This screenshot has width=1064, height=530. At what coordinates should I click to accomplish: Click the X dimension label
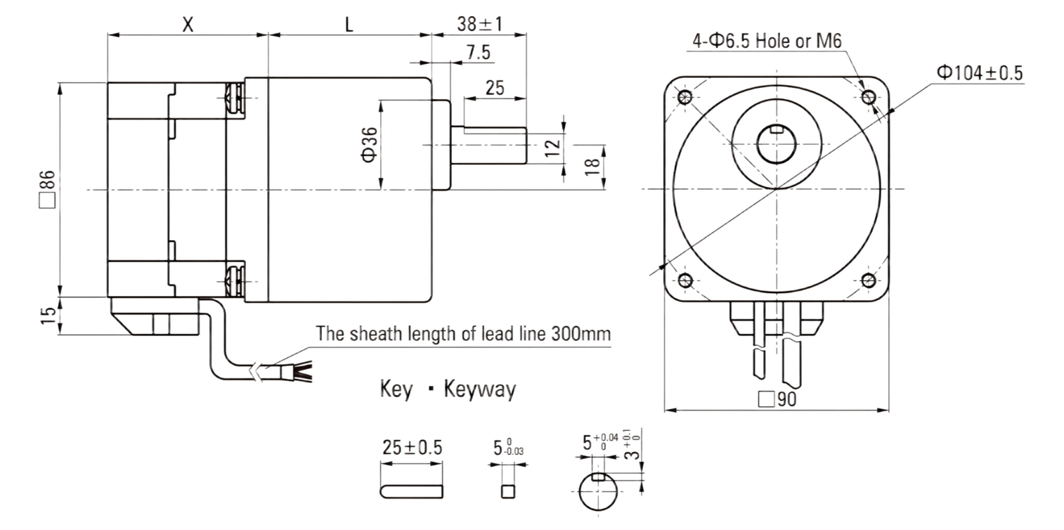[188, 24]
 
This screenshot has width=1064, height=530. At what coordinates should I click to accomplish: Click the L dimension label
[349, 24]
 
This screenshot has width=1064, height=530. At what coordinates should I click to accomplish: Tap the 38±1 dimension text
[479, 24]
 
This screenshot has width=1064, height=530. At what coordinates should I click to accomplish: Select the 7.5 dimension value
[478, 52]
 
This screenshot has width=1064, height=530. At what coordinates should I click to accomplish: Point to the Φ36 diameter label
[370, 145]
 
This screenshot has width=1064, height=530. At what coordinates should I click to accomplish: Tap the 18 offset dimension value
[593, 167]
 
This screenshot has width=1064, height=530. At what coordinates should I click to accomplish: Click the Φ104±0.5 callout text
[980, 72]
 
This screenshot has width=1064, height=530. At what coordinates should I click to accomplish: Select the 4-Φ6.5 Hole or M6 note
[767, 41]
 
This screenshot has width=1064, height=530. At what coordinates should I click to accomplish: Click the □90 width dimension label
[777, 400]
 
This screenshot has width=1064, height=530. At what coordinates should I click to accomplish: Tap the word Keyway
[479, 390]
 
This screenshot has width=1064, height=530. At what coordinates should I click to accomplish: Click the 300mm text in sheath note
[581, 333]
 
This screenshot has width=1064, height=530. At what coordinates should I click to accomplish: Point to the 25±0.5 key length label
[412, 448]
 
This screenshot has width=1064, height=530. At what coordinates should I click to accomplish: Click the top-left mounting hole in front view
[685, 97]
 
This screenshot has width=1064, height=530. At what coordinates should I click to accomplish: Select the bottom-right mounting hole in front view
[868, 280]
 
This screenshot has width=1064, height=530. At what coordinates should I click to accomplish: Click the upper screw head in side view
[235, 98]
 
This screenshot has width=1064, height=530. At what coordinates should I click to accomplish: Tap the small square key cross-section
[508, 491]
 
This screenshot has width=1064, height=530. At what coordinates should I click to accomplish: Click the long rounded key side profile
[412, 491]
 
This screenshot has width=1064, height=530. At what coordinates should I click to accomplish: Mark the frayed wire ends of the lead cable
[303, 372]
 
